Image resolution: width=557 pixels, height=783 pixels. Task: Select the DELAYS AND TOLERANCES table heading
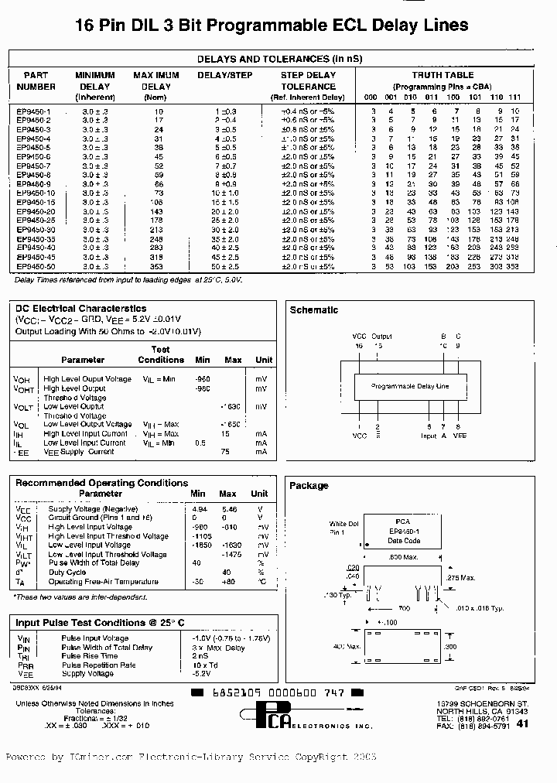279,59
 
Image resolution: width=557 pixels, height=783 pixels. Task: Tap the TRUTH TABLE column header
443,75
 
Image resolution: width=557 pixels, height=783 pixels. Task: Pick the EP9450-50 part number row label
35,267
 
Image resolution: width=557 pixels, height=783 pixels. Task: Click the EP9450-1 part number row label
33,111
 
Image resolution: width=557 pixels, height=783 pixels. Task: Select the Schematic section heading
313,310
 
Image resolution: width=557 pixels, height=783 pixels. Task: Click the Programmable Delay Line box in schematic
409,385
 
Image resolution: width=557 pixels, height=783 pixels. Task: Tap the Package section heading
309,486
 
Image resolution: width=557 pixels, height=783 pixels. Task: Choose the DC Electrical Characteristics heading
80,309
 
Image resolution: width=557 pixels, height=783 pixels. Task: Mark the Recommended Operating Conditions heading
101,483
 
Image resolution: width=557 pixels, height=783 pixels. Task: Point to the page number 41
522,724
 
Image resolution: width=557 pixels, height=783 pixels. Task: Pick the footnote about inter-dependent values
82,597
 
